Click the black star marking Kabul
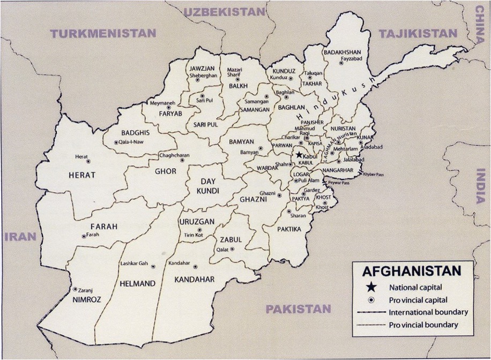(299, 155)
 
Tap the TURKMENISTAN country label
(103, 34)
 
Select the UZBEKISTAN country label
(225, 12)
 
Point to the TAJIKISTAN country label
(418, 34)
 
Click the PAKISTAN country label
(299, 309)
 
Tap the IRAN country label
(21, 236)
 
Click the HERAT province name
(82, 175)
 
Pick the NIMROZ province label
(86, 300)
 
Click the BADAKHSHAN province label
(343, 52)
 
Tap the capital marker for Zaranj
(74, 289)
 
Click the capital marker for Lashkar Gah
(153, 266)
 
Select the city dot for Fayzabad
(341, 63)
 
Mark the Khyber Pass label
(374, 174)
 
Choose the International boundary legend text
(428, 312)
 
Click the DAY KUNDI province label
(206, 186)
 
